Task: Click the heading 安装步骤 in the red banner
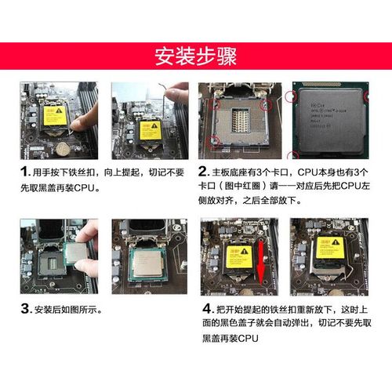pyautogui.click(x=196, y=56)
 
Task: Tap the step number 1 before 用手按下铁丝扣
pyautogui.click(x=24, y=172)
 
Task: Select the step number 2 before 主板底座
pyautogui.click(x=202, y=172)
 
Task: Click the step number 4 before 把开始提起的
pyautogui.click(x=208, y=307)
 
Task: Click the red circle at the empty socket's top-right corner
pyautogui.click(x=267, y=100)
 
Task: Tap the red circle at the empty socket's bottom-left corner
pyautogui.click(x=214, y=142)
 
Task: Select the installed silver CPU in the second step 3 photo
pyautogui.click(x=145, y=260)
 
